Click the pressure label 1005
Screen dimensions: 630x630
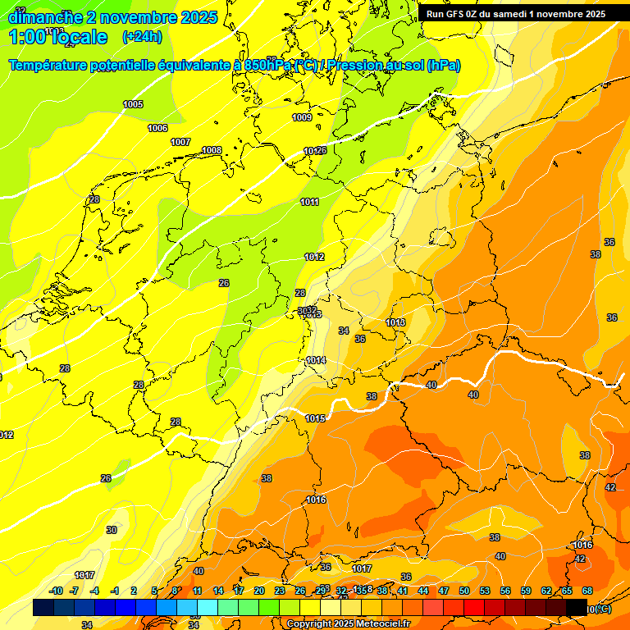133,104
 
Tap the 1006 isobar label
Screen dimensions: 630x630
157,128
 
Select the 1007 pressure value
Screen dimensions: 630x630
180,142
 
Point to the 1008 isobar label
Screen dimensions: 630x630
212,150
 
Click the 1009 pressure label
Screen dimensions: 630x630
302,117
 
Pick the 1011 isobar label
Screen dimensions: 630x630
310,202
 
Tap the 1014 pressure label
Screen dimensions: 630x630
316,360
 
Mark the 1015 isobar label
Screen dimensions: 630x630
315,418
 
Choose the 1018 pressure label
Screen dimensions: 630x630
395,322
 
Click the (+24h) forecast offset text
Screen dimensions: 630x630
142,36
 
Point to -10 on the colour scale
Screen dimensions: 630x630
57,591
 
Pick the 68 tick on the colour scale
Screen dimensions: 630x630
587,591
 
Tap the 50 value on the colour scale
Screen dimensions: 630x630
464,591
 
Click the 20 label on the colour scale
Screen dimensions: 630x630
258,591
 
